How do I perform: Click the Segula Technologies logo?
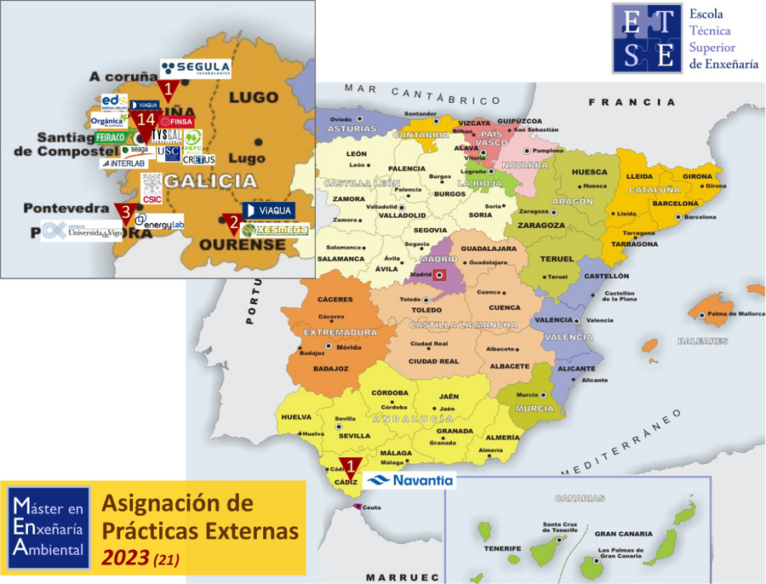[x=195, y=68]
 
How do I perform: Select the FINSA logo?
[x=177, y=121]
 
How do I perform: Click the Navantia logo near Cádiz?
[x=409, y=480]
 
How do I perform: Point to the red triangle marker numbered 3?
[x=125, y=211]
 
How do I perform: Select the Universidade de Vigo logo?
[x=82, y=231]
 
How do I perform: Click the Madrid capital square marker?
[x=439, y=275]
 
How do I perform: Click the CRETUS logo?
[x=198, y=159]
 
